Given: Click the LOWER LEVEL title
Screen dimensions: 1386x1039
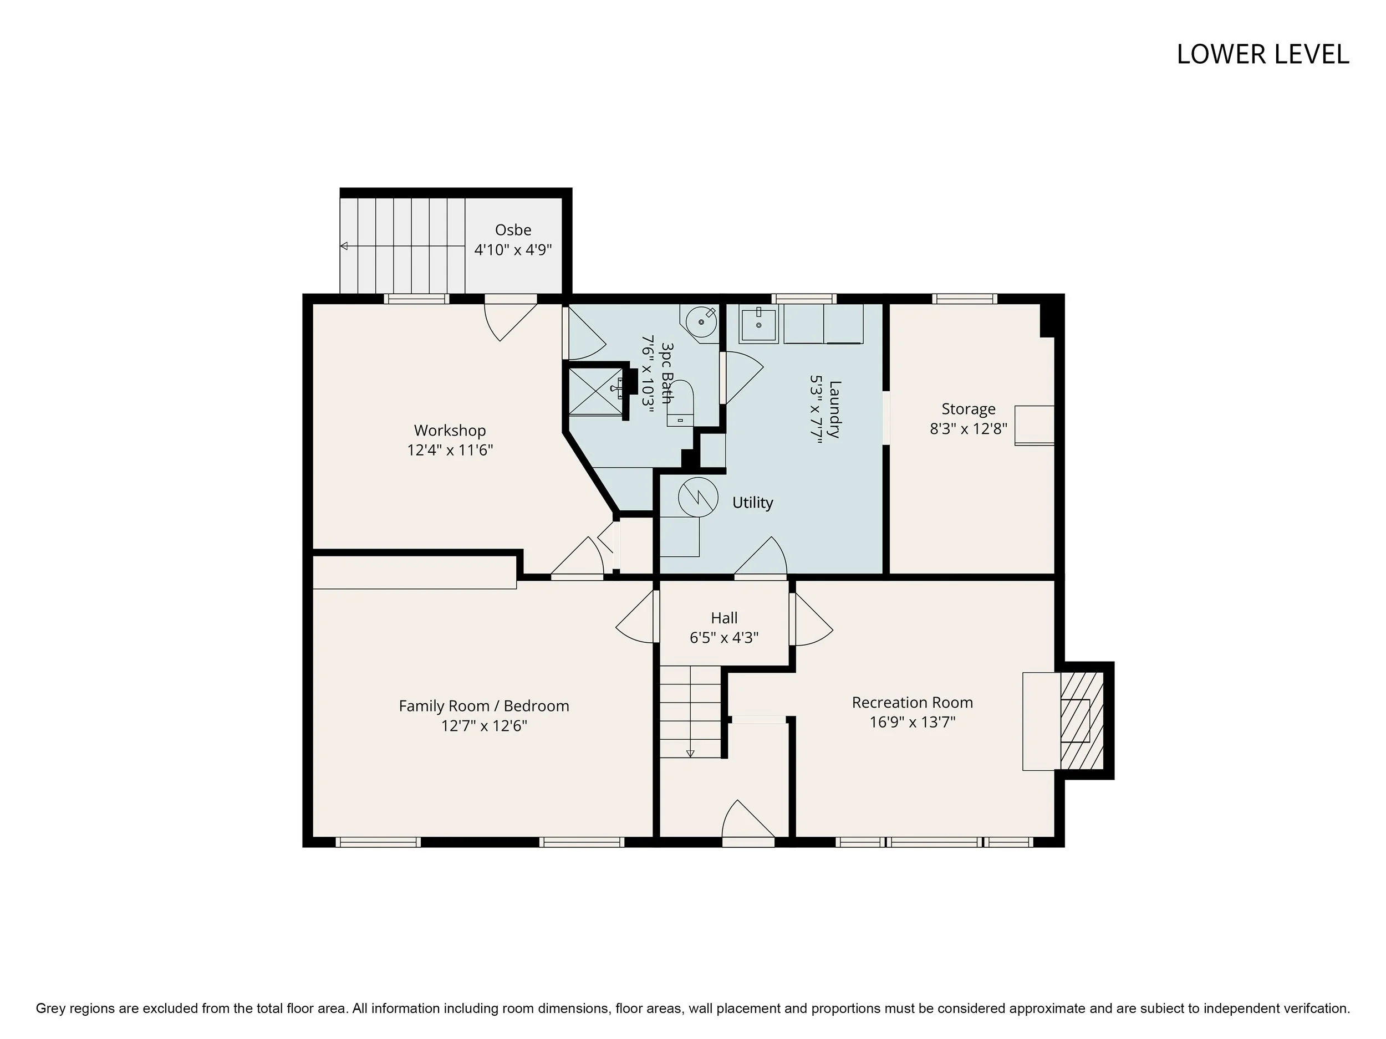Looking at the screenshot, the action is [1262, 54].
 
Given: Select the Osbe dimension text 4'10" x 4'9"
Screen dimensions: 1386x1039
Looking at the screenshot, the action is [513, 250].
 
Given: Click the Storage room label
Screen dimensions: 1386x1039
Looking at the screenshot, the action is [969, 409].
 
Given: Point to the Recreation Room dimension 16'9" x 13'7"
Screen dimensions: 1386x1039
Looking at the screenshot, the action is [913, 722].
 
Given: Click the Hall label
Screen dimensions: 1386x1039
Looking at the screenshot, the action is [725, 618].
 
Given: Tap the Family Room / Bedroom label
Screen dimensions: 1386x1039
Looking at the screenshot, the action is [485, 706].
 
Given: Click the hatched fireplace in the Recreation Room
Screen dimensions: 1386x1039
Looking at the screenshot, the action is [1082, 720].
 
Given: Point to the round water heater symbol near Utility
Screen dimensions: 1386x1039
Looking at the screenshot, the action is [698, 497].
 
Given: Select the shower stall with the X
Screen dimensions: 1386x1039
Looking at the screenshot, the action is [597, 391].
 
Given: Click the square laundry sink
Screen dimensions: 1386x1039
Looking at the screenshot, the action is [759, 324].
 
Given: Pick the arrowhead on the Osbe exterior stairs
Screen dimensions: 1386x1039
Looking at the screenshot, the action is [344, 246].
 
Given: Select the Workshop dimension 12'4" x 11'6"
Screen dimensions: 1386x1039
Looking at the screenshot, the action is [450, 451].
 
